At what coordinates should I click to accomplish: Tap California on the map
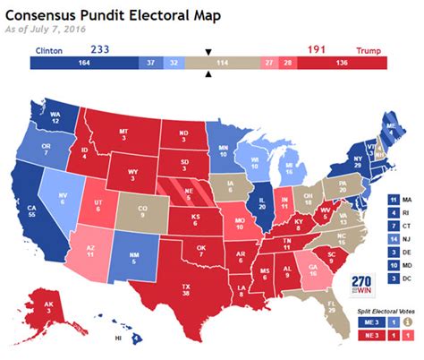click(33, 210)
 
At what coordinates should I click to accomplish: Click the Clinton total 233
click(99, 49)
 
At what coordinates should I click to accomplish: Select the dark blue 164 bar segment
click(82, 64)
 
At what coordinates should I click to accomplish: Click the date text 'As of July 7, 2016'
click(40, 30)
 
